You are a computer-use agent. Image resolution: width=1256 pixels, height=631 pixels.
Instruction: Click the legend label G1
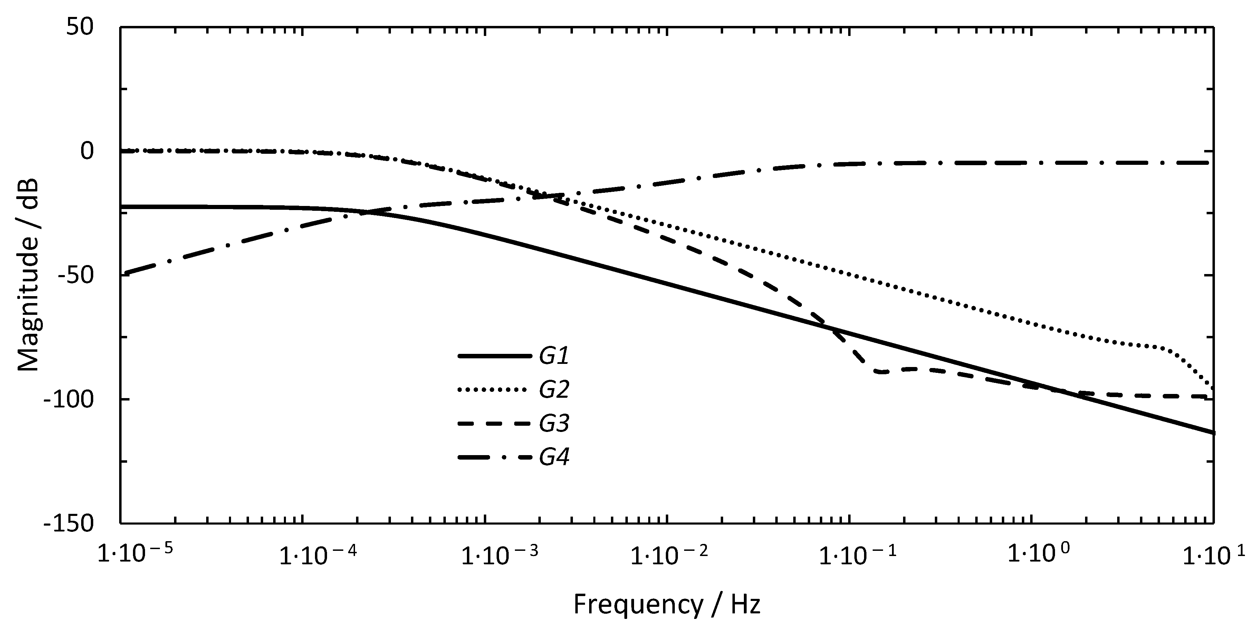click(x=554, y=357)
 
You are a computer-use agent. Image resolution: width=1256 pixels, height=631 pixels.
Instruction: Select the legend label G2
click(x=554, y=390)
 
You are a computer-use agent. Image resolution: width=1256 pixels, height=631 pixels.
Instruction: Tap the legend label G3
click(x=554, y=424)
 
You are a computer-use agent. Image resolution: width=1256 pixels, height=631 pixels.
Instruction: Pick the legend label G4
click(x=554, y=458)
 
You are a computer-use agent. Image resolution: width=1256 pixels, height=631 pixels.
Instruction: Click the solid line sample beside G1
click(x=494, y=357)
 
